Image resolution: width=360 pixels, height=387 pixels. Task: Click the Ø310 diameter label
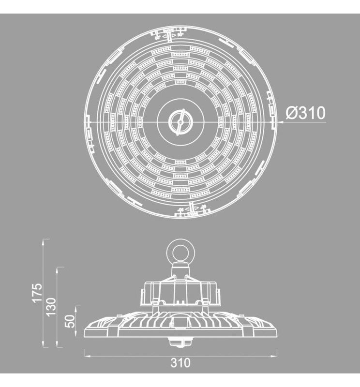(x=305, y=113)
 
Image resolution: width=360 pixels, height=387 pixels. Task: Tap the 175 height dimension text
(x=37, y=293)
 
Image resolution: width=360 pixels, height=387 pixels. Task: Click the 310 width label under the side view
(x=180, y=362)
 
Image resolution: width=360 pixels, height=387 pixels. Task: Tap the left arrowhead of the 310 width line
(x=87, y=353)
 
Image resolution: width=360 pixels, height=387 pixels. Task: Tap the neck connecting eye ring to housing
(x=180, y=268)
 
